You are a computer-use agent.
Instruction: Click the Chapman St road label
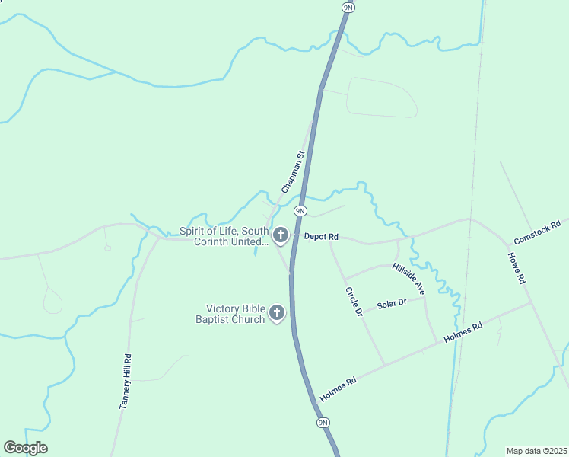[x=293, y=171]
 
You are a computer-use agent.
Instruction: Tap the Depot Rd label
[x=320, y=237]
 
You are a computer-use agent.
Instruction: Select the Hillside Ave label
[x=408, y=278]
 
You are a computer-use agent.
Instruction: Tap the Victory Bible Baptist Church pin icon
[x=278, y=312]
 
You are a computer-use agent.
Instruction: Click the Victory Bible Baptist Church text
[x=235, y=314]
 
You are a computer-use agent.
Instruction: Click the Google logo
[x=25, y=448]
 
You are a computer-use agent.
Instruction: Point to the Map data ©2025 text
[x=536, y=450]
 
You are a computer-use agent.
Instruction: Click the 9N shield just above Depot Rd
[x=300, y=210]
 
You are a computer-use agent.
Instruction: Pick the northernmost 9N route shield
[x=348, y=7]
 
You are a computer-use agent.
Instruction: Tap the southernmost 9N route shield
[x=323, y=422]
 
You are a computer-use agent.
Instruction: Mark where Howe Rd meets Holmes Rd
[x=531, y=302]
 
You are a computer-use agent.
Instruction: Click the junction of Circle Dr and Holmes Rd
[x=383, y=364]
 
